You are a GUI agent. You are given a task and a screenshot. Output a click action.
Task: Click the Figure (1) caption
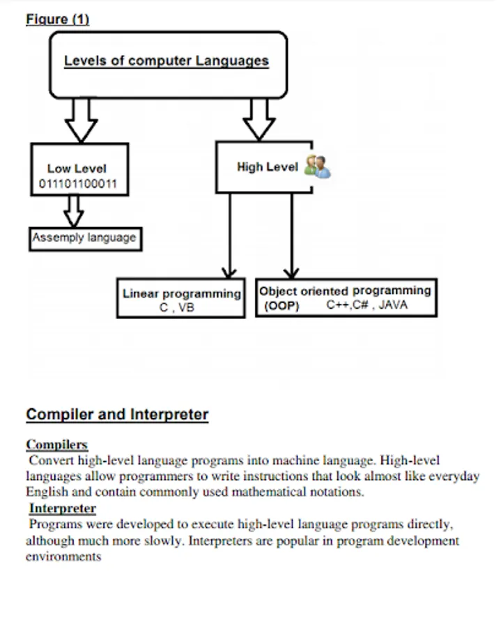[x=58, y=20]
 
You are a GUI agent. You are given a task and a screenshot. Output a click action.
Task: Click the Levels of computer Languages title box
[x=167, y=63]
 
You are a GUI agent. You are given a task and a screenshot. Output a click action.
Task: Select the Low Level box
[x=79, y=169]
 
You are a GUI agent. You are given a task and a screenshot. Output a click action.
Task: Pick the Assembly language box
[x=84, y=238]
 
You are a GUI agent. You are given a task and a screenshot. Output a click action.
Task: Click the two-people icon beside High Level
[x=318, y=166]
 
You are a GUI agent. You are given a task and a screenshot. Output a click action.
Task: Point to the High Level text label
[x=268, y=167]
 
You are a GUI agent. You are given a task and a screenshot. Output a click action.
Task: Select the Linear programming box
[x=181, y=298]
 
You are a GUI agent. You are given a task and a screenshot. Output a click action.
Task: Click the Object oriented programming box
[x=346, y=297]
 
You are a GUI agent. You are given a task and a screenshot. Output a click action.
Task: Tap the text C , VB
[x=177, y=307]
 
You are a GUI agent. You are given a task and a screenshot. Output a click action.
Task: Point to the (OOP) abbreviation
[x=281, y=306]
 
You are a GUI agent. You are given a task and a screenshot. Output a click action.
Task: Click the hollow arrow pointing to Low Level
[x=81, y=120]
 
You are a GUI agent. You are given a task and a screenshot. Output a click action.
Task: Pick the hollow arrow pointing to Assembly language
[x=74, y=210]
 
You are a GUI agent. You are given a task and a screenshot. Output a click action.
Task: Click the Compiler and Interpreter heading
[x=117, y=415]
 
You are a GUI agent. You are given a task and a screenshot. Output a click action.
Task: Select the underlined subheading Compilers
[x=57, y=444]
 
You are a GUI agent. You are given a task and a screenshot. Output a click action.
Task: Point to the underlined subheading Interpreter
[x=63, y=509]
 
